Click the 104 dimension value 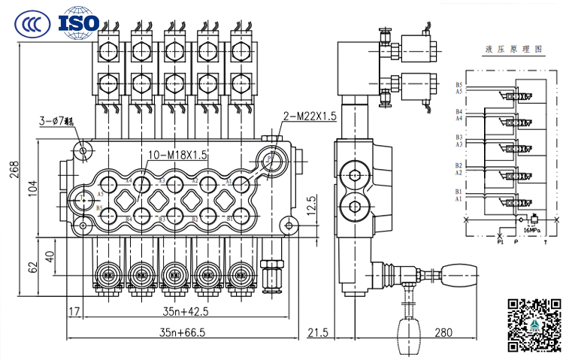(32, 192)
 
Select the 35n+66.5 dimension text (173, 331)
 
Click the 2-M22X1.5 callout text (310, 116)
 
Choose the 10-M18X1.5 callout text (177, 155)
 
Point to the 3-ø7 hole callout (57, 120)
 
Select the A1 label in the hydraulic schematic (459, 200)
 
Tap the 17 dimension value (74, 310)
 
